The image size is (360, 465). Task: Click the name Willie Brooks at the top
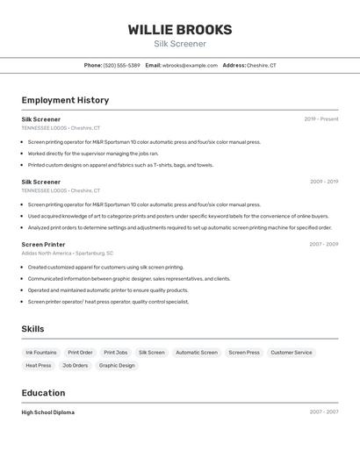pos(180,29)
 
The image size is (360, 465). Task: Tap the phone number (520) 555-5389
pos(122,65)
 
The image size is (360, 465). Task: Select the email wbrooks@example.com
pos(190,65)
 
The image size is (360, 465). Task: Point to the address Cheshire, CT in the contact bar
pos(261,65)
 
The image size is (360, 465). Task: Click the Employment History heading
pos(65,100)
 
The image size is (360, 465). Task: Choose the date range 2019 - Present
pos(320,118)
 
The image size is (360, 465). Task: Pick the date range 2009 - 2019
pos(323,182)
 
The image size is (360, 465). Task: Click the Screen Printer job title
pos(43,244)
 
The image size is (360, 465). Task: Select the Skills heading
pos(32,329)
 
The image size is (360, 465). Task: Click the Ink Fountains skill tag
pos(41,353)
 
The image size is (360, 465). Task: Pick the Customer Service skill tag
pos(291,353)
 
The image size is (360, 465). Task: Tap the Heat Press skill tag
pos(39,365)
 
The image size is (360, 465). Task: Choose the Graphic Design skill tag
pos(117,365)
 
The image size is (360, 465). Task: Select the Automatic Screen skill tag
pos(197,353)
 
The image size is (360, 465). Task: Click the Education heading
pos(43,393)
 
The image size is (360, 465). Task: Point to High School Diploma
pos(48,411)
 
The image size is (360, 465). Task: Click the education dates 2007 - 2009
pos(323,411)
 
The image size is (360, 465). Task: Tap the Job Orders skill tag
pos(75,365)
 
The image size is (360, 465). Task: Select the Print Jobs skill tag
pos(115,353)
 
